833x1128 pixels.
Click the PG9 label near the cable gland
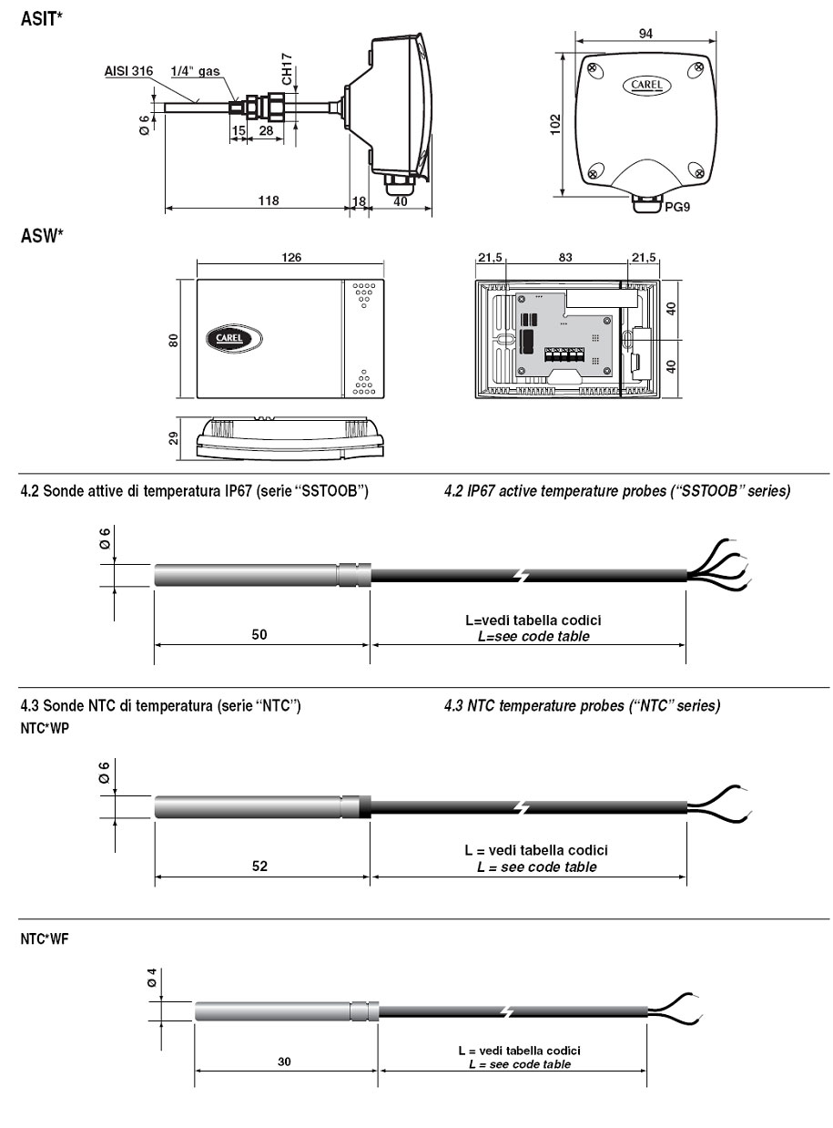pos(676,207)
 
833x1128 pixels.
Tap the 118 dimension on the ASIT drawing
pos(269,200)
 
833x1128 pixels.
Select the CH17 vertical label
pos(287,69)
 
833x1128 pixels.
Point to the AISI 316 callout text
pos(128,71)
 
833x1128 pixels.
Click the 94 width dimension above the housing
pos(645,34)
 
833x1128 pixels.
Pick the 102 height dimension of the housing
pos(555,124)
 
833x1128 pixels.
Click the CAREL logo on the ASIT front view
pos(646,85)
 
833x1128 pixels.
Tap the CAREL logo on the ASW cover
pos(234,338)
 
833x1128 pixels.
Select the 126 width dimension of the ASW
pos(291,257)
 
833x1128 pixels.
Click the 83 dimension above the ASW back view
pos(565,257)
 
